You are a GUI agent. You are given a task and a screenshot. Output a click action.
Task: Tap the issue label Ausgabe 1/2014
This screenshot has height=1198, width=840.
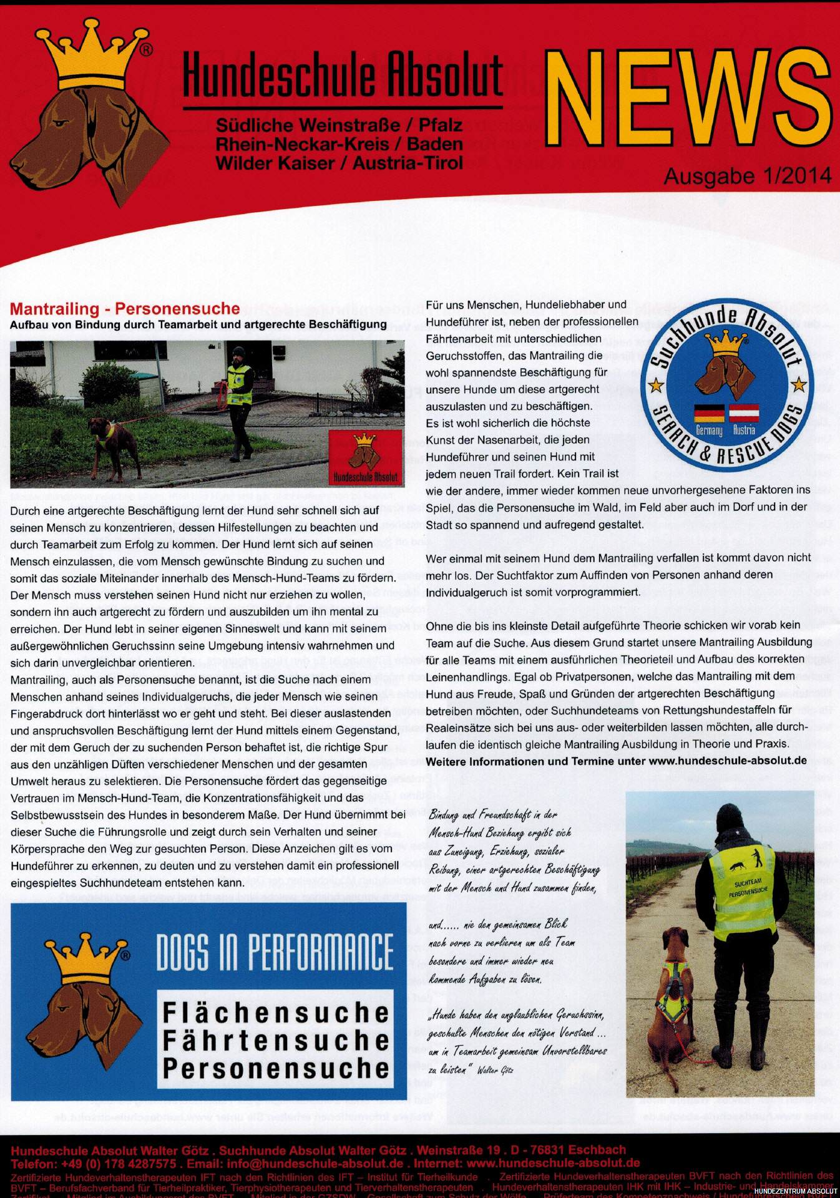pyautogui.click(x=747, y=176)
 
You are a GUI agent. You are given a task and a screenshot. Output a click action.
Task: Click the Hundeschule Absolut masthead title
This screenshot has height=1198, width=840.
pyautogui.click(x=343, y=75)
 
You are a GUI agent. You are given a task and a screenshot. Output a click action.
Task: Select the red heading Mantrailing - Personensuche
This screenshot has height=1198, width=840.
pyautogui.click(x=125, y=308)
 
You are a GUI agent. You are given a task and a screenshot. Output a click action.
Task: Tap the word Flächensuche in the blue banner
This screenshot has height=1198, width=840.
pyautogui.click(x=275, y=1012)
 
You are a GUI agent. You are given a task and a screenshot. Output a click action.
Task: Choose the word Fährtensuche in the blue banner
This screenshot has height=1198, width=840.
pyautogui.click(x=275, y=1040)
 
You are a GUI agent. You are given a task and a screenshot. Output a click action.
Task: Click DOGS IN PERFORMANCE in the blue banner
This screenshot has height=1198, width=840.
pyautogui.click(x=275, y=953)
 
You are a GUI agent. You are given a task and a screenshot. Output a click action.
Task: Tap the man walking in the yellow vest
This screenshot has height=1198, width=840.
pyautogui.click(x=238, y=402)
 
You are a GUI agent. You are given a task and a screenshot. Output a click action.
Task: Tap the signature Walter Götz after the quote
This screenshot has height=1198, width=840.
pyautogui.click(x=495, y=1070)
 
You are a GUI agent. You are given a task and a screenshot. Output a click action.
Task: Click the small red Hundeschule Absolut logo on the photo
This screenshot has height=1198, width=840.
pyautogui.click(x=365, y=457)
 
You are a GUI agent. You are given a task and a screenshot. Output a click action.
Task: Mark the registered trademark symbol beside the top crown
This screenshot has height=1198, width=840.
pyautogui.click(x=145, y=49)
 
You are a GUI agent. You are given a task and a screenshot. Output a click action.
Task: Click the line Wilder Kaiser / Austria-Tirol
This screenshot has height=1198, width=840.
pyautogui.click(x=339, y=163)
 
